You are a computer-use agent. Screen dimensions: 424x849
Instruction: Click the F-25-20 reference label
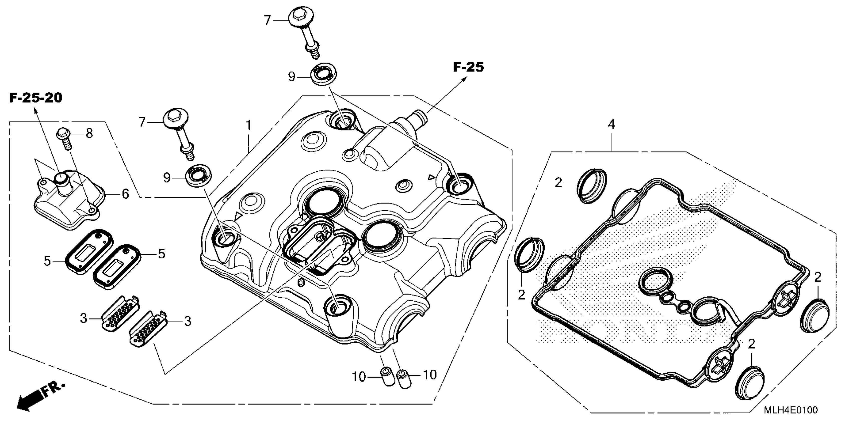36,98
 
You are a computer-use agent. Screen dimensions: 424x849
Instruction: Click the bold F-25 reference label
468,67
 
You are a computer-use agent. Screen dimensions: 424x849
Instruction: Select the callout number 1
249,125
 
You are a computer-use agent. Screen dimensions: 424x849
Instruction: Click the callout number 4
611,124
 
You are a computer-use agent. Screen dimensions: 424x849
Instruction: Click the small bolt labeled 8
65,138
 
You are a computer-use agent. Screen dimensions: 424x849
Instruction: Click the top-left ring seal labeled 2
592,186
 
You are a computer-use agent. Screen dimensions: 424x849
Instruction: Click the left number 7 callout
142,122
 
